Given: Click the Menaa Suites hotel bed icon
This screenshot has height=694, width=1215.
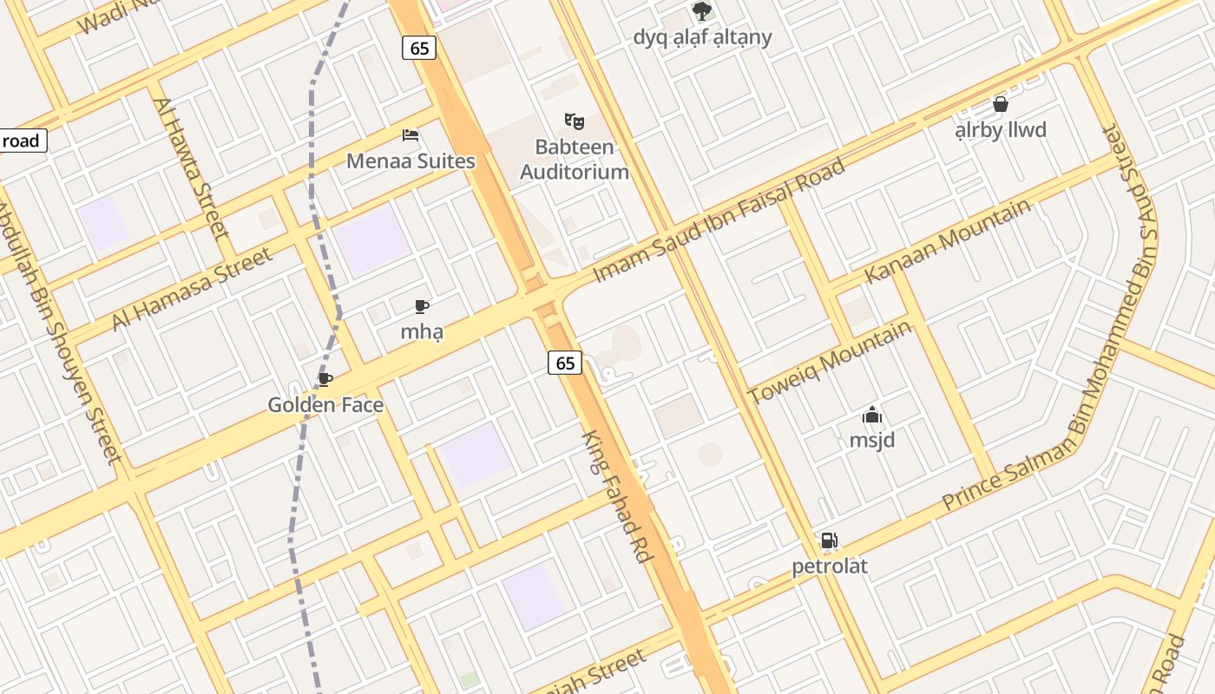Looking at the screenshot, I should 410,135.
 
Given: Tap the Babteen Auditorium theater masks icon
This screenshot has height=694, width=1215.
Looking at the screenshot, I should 573,121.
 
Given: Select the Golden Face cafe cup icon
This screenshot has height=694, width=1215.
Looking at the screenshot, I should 325,379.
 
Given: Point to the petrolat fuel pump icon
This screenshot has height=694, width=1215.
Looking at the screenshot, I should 830,540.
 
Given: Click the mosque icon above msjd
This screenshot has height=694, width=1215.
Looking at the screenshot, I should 872,416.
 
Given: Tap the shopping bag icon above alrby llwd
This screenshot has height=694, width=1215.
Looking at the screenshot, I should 1001,105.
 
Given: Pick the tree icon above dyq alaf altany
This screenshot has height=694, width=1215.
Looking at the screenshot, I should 702,11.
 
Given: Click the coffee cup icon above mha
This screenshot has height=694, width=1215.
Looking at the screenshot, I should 422,306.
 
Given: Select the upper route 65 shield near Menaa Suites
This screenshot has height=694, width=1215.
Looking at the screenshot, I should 419,48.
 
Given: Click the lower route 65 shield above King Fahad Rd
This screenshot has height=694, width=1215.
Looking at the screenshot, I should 565,363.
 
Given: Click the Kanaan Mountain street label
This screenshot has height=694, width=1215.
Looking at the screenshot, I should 948,240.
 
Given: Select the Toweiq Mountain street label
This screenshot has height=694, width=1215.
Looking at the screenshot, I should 831,361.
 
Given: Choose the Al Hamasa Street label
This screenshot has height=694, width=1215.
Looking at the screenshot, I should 192,288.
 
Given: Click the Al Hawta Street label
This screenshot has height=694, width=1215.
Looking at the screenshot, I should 192,168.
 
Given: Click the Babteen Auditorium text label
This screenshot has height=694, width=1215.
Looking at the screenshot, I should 575,160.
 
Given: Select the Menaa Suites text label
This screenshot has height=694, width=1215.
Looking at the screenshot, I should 410,161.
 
